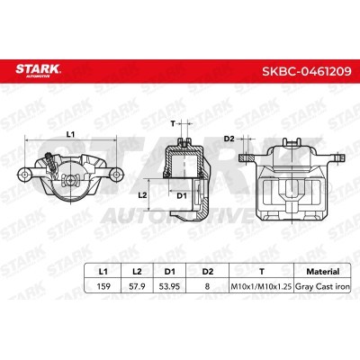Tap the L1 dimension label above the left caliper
pyautogui.click(x=70, y=133)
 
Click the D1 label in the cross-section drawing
pyautogui.click(x=181, y=195)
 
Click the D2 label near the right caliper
pyautogui.click(x=229, y=138)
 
